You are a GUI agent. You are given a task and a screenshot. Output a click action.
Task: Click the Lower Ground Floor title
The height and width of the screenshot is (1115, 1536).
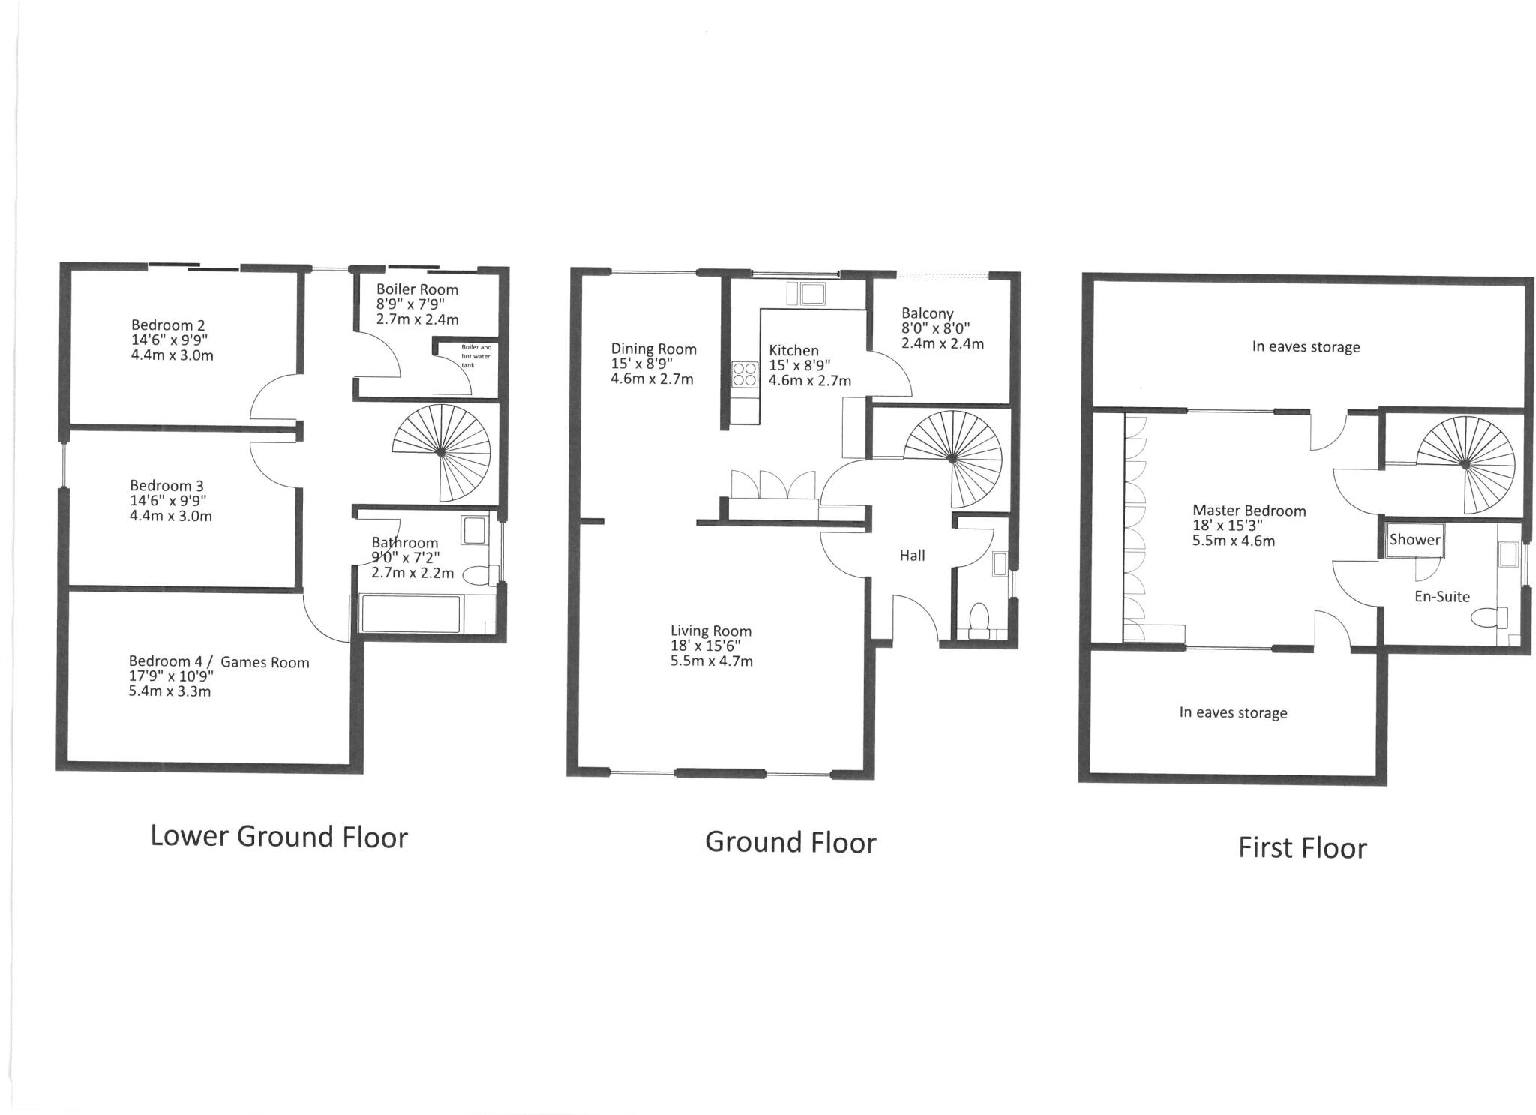(x=278, y=836)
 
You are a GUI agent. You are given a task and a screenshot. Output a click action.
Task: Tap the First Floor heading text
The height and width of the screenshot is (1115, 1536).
(x=1302, y=847)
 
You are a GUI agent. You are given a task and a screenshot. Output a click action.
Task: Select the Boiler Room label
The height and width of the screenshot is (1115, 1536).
(x=417, y=289)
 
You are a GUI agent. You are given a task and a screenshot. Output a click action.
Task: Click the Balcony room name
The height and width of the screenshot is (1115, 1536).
(x=927, y=313)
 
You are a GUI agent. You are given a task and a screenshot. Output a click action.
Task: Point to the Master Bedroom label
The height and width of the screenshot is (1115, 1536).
(x=1249, y=511)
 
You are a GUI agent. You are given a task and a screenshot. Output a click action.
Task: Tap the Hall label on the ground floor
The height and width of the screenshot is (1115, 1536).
(x=912, y=556)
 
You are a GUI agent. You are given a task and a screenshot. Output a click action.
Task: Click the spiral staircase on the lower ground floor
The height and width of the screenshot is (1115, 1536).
(x=442, y=452)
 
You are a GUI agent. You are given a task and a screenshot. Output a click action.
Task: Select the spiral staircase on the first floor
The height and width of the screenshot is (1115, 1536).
(x=1465, y=465)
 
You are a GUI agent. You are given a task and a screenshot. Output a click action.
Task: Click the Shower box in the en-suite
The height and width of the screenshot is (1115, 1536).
(x=1414, y=540)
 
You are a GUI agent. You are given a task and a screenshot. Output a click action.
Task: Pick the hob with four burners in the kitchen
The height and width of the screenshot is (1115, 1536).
(x=745, y=374)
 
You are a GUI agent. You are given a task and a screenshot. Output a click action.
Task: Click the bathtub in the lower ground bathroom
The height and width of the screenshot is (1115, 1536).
(x=410, y=614)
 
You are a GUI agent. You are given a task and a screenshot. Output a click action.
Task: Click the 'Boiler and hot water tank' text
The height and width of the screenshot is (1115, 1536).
(x=475, y=356)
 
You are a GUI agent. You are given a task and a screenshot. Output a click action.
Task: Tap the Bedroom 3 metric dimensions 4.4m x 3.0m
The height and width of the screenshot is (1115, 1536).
(x=171, y=516)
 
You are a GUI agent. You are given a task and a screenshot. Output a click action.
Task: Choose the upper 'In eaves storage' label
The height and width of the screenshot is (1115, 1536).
(x=1305, y=347)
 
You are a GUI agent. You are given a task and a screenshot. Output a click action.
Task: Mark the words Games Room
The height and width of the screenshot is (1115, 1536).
(x=265, y=662)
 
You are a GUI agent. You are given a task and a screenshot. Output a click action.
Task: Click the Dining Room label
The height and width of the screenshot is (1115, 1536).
(x=653, y=349)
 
